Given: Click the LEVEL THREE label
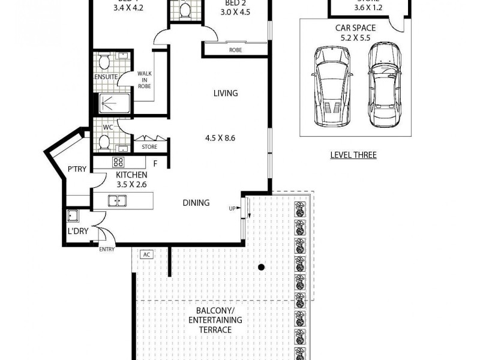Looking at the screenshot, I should pos(353,155).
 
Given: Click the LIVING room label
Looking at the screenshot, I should pos(226,93).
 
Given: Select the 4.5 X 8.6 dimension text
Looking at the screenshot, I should pos(220,137).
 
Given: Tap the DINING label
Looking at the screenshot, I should pos(196,203).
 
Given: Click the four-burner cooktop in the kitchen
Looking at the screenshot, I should pos(118,162).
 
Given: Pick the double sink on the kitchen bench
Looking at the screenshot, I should pos(117,201).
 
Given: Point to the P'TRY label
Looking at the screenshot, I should pos(77,170).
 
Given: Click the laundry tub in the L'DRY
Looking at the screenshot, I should pos(74,216).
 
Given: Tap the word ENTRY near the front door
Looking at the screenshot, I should pos(107,249).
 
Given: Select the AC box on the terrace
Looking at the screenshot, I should pos(146,254).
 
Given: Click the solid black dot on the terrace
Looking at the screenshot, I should pos(261,267).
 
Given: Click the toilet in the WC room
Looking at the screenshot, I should pos(104,142).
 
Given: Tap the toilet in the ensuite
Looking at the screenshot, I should pos(104,61).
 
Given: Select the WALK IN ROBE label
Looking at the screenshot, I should pos(144,79).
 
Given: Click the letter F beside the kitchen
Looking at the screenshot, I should pos(155,163).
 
